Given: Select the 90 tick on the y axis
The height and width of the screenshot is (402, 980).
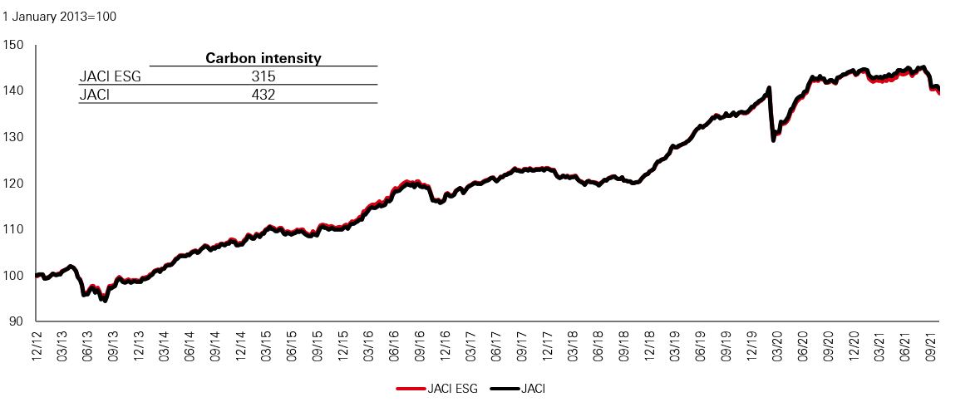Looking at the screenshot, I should (x=16, y=321).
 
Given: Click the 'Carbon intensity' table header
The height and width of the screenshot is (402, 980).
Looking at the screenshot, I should (x=263, y=58).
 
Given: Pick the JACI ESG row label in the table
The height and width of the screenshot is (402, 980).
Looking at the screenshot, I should (x=111, y=76).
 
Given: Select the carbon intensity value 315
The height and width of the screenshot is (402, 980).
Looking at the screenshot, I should (x=263, y=76).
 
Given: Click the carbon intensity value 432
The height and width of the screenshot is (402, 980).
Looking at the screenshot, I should (x=263, y=95).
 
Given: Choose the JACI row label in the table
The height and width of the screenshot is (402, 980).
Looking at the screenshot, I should (x=95, y=95).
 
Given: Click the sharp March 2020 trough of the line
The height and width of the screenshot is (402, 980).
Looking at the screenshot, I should (x=774, y=140).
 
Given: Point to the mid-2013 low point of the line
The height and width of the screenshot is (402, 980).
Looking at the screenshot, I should (x=105, y=301).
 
